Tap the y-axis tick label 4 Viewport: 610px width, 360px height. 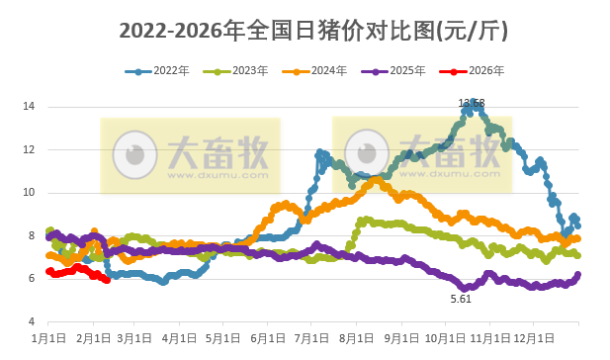click(33, 322)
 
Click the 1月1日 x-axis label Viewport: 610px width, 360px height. click(48, 338)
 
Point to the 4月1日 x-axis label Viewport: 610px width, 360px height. click(179, 338)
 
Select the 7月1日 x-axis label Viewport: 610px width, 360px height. click(310, 338)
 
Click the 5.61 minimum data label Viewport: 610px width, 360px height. click(461, 299)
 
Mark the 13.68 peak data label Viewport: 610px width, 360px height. click(472, 103)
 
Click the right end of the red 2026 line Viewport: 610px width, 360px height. click(107, 281)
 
